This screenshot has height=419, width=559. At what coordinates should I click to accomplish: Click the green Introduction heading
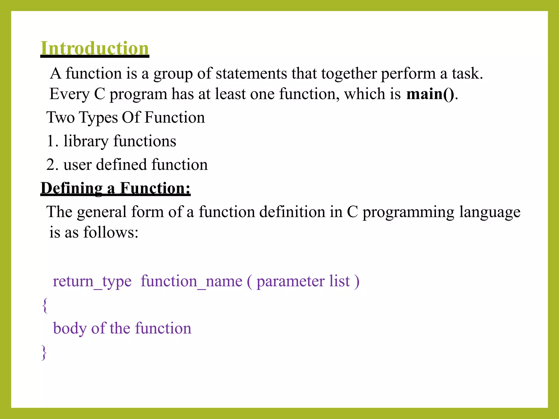[x=95, y=48]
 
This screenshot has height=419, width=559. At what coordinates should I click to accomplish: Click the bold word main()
[x=430, y=94]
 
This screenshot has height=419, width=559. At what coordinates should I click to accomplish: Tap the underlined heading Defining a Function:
[x=115, y=188]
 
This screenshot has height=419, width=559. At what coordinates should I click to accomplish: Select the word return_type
[x=92, y=281]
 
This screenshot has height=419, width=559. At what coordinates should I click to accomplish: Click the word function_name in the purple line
[x=191, y=281]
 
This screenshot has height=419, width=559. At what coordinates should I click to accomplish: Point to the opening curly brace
[x=45, y=305]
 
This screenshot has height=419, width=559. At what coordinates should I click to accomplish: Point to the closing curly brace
[x=44, y=352]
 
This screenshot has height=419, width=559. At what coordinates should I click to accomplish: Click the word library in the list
[x=86, y=141]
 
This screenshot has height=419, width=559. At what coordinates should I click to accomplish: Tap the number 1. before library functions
[x=52, y=141]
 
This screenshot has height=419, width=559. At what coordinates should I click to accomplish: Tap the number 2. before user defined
[x=52, y=165]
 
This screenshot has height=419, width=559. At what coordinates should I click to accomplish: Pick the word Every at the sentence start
[x=69, y=94]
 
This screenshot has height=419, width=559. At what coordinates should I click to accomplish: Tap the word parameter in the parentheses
[x=290, y=282]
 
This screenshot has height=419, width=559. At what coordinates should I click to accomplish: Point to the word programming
[x=408, y=212]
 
